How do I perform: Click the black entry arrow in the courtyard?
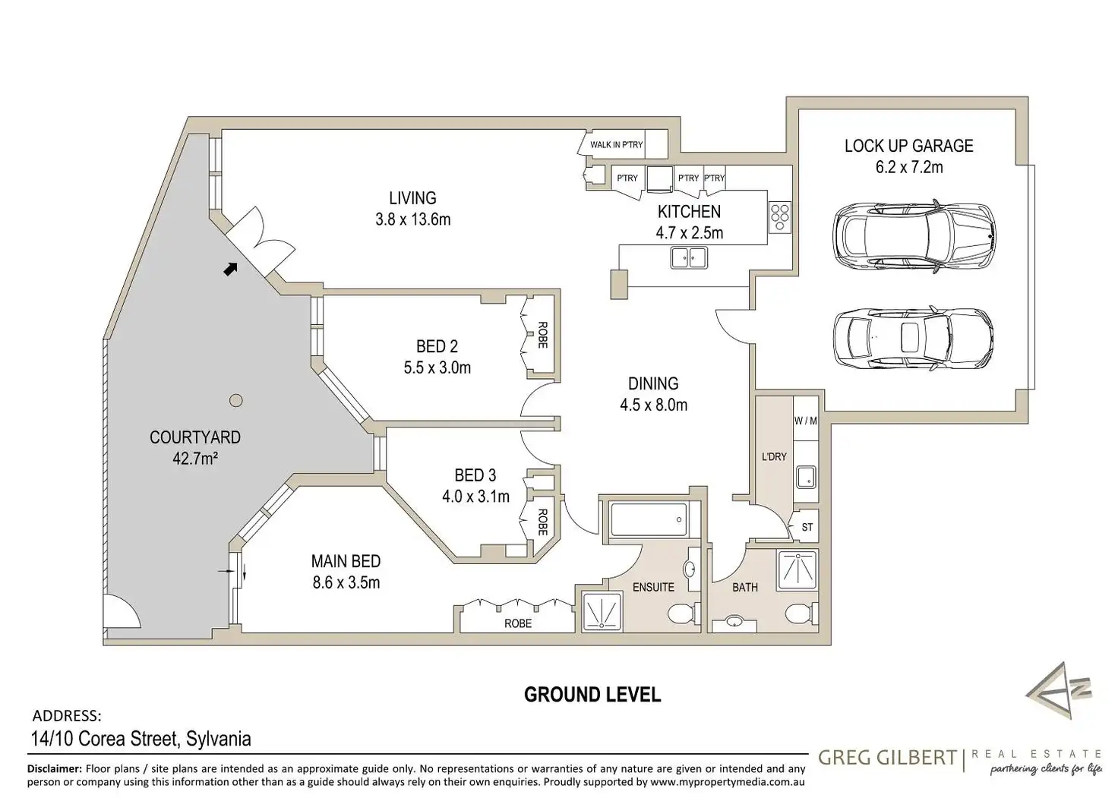[230, 269]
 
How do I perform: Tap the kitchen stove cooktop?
[779, 218]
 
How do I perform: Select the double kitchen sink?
[689, 257]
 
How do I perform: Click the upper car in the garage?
[914, 235]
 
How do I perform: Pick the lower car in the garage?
[914, 338]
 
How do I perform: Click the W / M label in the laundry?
[806, 421]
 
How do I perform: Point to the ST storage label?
[807, 526]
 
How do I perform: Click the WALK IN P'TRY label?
[617, 145]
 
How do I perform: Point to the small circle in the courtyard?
[236, 400]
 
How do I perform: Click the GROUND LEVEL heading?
[592, 695]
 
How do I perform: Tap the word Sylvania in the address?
[219, 739]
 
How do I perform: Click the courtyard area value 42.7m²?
[195, 458]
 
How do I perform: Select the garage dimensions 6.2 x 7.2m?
[909, 167]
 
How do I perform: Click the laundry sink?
[806, 477]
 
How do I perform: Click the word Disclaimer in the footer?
[55, 768]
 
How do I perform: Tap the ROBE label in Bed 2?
[542, 335]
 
